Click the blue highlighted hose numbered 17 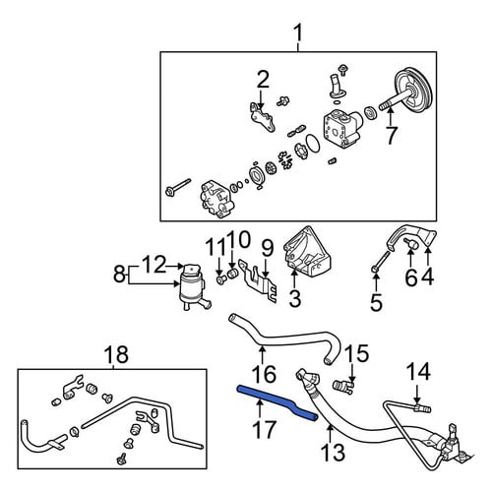click(276, 401)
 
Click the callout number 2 click(263, 79)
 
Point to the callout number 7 click(391, 135)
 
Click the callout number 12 click(154, 265)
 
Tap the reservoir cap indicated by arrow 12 click(193, 272)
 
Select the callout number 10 click(240, 240)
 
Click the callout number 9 click(268, 248)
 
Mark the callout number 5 click(376, 302)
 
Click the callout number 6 click(410, 278)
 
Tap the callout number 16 click(265, 374)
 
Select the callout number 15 click(357, 354)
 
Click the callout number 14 click(418, 372)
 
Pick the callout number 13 click(334, 453)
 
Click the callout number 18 click(116, 354)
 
